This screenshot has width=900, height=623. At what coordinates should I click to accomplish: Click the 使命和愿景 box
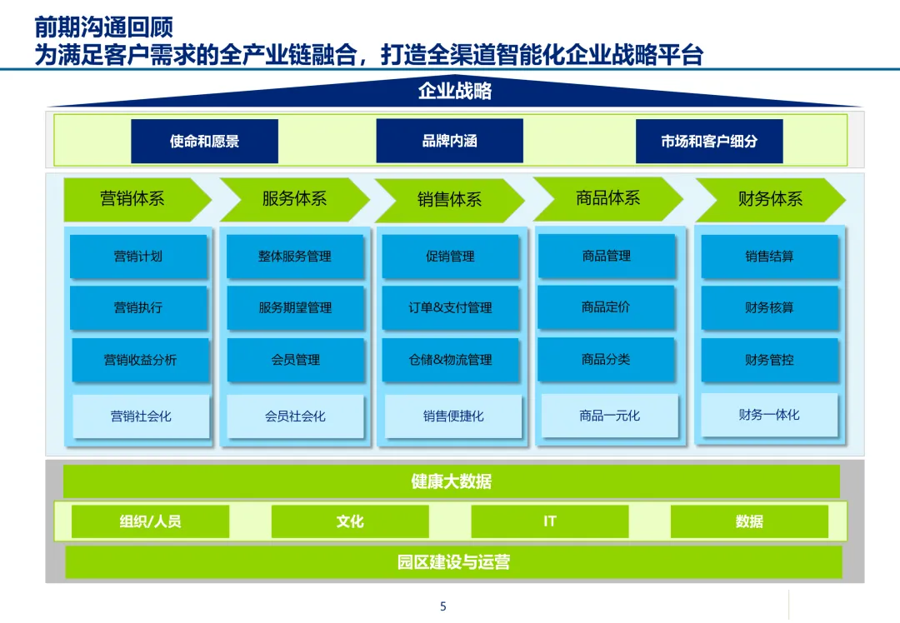point(204,142)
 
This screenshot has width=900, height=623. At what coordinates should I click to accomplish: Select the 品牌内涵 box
point(449,141)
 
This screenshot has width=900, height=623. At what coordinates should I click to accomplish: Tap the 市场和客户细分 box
point(709,142)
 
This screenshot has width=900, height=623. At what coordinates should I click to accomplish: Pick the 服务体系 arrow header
point(294,199)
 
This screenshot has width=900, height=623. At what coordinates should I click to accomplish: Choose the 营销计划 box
point(138,257)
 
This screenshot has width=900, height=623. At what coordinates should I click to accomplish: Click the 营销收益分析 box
point(140,360)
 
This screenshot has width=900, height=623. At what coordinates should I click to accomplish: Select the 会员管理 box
point(296,360)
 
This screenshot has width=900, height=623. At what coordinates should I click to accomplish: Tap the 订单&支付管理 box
point(450,308)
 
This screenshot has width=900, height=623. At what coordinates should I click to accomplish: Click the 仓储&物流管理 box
point(450,360)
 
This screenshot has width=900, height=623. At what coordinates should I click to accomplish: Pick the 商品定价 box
point(606,307)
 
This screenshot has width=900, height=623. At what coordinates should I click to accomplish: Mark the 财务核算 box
point(769,308)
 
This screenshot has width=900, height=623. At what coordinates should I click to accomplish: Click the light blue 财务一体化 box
point(769,415)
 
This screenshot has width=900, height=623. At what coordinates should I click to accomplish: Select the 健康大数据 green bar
point(451,481)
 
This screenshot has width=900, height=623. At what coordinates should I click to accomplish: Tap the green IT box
point(550,521)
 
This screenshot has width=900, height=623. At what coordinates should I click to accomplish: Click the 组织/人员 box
point(150,521)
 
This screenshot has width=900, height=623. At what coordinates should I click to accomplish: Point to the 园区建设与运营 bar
point(453,562)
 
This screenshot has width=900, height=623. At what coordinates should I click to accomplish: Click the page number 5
point(443,606)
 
